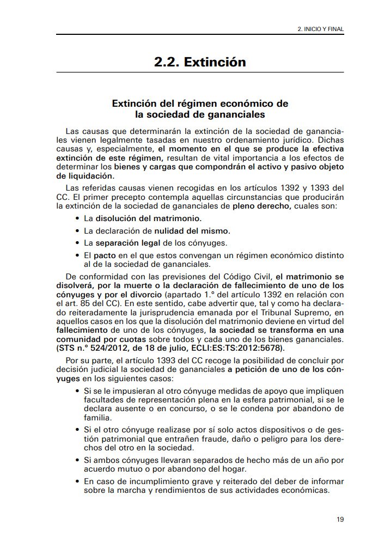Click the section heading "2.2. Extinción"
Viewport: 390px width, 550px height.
(200, 63)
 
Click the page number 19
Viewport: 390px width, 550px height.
(340, 520)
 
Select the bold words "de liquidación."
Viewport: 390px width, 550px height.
(85, 176)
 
